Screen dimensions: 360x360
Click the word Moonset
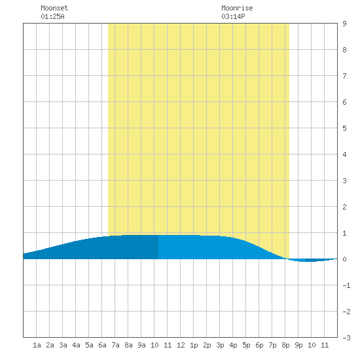[54, 8]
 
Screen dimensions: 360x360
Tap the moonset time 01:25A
[52, 16]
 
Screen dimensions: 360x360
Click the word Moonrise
[237, 8]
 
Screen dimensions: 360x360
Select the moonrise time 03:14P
[233, 16]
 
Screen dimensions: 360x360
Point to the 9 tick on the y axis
[344, 24]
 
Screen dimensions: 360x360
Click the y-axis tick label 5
[344, 128]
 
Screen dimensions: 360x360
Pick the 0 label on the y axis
[344, 259]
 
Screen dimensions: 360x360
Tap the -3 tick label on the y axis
[346, 338]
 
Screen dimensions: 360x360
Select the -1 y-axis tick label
[346, 285]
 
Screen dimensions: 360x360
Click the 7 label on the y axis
[344, 76]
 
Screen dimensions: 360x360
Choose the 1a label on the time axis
[37, 345]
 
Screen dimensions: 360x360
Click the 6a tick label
[102, 345]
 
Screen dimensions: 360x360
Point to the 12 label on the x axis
[181, 345]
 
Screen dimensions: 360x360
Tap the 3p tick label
[220, 345]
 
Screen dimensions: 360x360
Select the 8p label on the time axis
[285, 345]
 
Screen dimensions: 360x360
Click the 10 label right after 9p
[312, 345]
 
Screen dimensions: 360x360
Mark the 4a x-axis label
[76, 345]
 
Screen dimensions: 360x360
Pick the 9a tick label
[141, 345]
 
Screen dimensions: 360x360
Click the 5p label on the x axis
[246, 345]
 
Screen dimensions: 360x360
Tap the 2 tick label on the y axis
[344, 207]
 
